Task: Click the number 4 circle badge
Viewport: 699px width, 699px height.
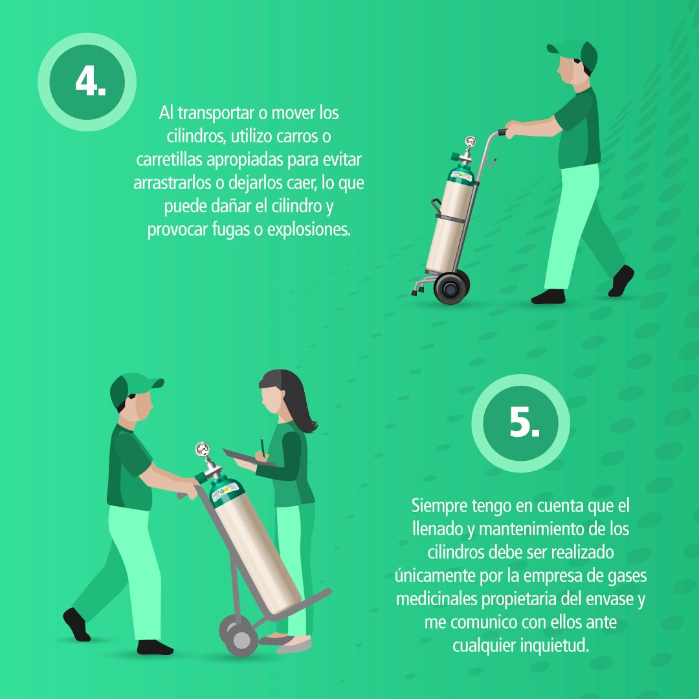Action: click(87, 82)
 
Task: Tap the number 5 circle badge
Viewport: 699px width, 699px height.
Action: click(520, 423)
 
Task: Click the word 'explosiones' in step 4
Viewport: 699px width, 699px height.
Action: click(309, 230)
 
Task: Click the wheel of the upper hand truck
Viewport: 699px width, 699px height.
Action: click(451, 287)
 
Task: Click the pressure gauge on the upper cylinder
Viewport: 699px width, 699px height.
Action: click(471, 142)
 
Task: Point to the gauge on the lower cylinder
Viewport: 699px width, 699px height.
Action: click(203, 449)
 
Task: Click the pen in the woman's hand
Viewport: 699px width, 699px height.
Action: click(263, 447)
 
